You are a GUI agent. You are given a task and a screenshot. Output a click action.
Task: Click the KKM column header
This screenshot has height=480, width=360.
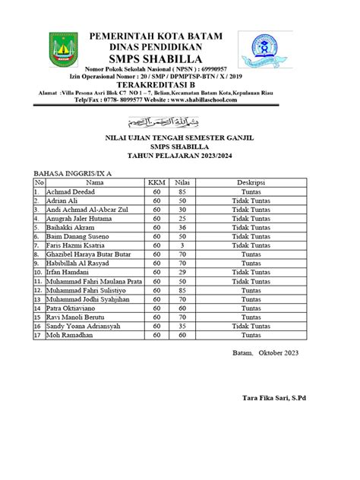pyautogui.click(x=158, y=183)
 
